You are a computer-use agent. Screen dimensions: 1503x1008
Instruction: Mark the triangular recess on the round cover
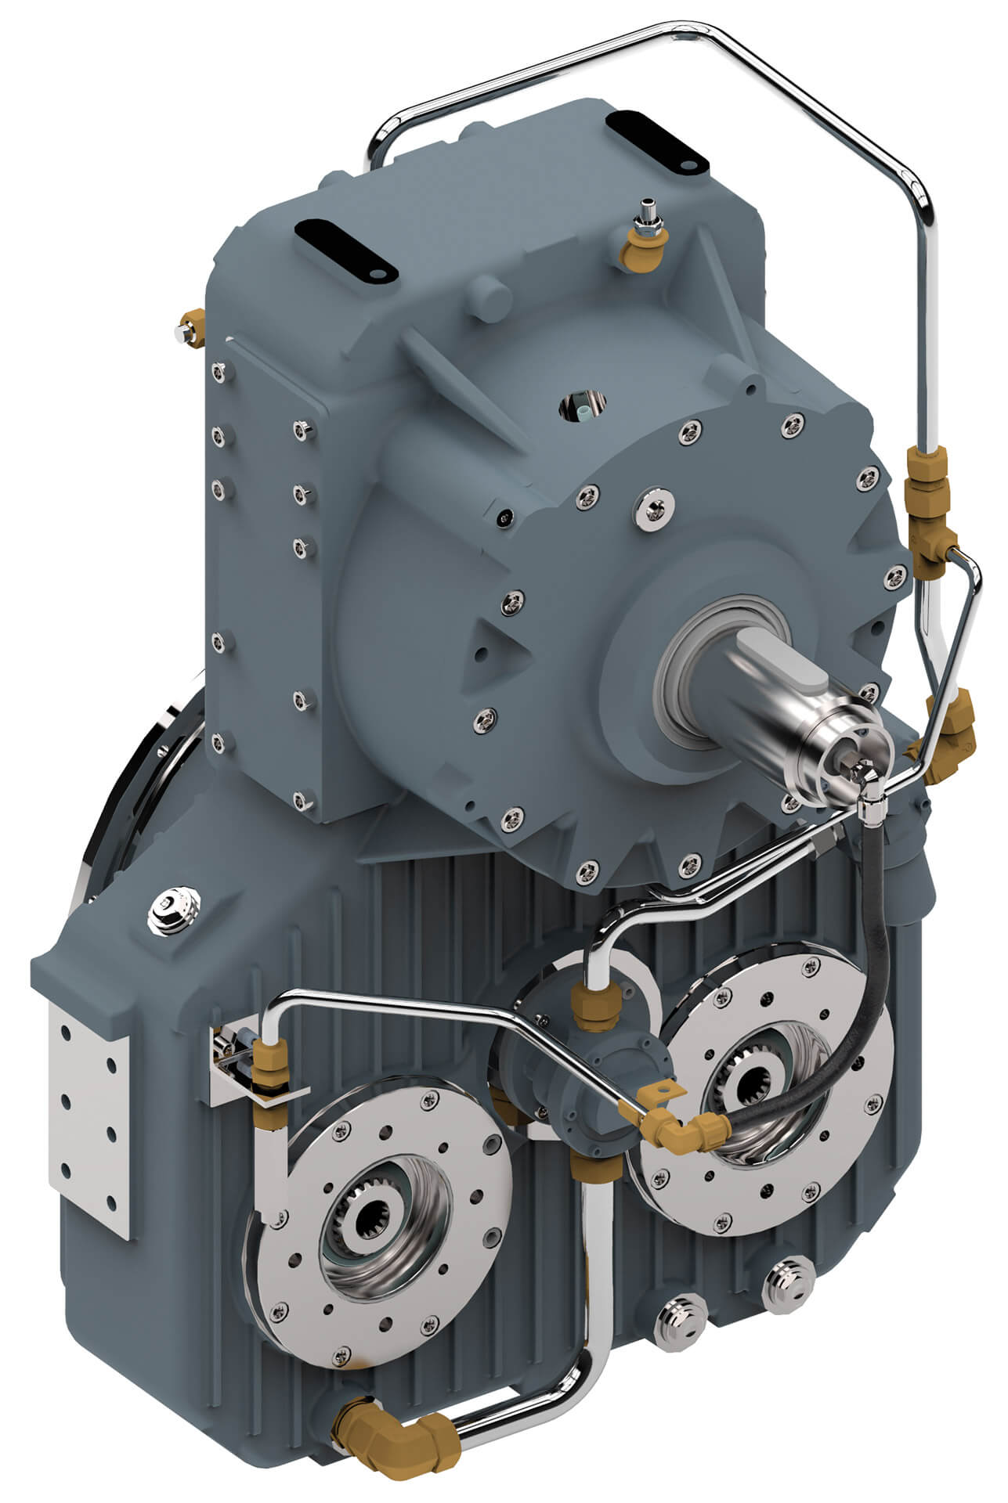coord(490,649)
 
